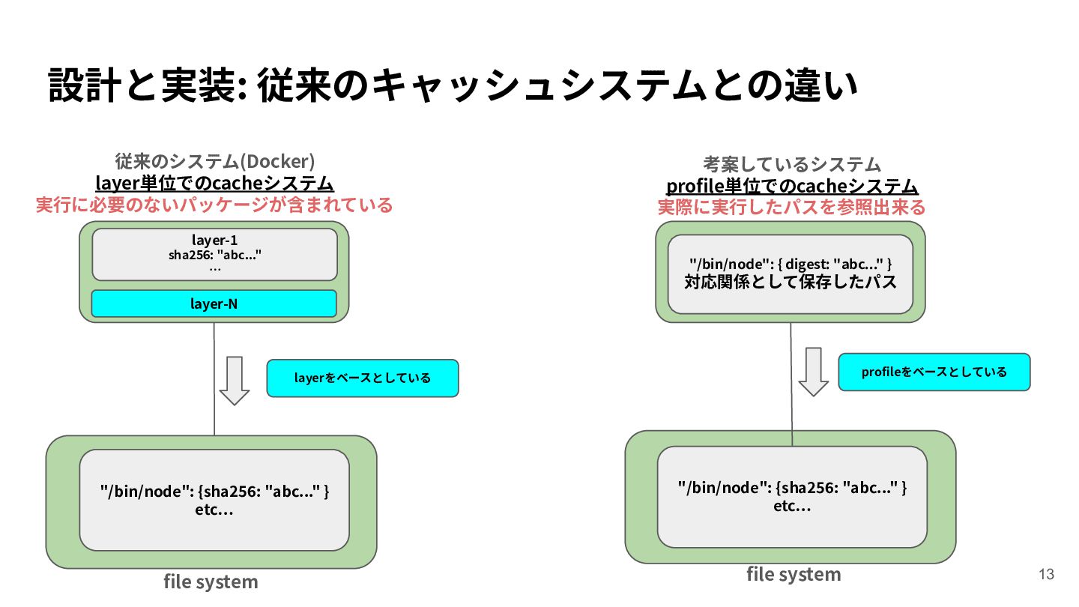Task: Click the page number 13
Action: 1046,574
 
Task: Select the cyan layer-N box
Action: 214,303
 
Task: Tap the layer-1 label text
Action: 214,240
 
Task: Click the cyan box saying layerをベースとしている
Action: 363,378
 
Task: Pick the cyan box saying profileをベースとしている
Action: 934,372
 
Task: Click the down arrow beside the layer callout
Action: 235,381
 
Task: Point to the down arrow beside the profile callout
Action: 814,372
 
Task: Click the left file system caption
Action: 211,582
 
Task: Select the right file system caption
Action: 794,574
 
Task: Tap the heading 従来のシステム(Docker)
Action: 215,161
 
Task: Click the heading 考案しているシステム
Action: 792,164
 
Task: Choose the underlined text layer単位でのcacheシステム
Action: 214,184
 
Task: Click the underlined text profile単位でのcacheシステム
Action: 792,187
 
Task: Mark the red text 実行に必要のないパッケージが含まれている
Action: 214,205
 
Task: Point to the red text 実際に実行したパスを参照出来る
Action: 792,207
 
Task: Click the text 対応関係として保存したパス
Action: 791,282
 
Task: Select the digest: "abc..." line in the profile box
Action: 791,264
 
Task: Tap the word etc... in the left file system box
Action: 214,510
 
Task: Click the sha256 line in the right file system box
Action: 793,488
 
